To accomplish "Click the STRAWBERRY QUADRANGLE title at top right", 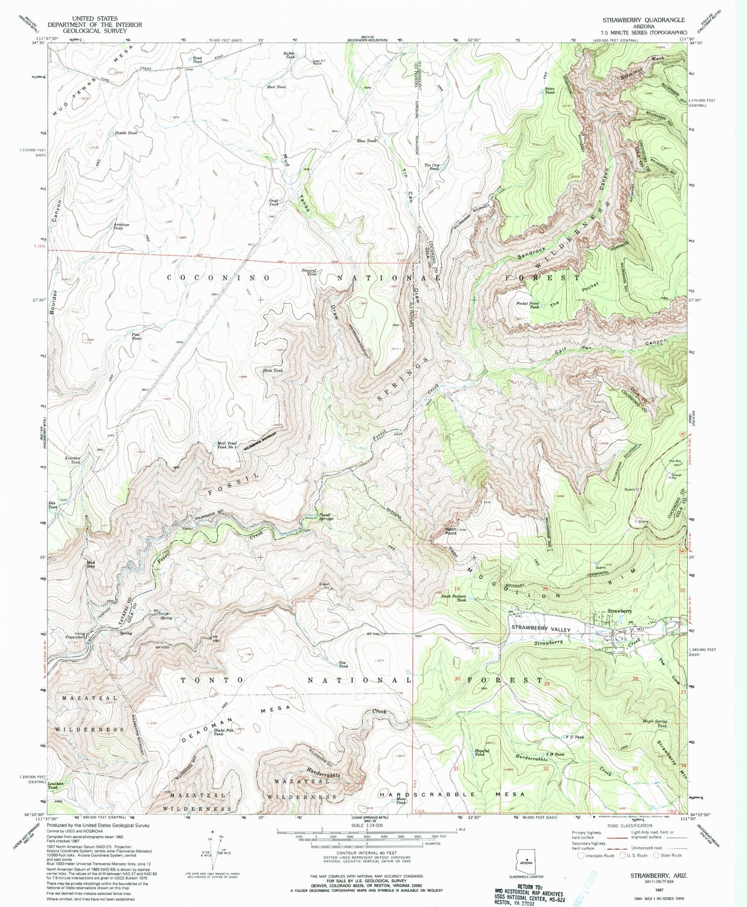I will click(x=643, y=20).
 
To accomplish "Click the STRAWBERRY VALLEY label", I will click(x=541, y=629).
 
